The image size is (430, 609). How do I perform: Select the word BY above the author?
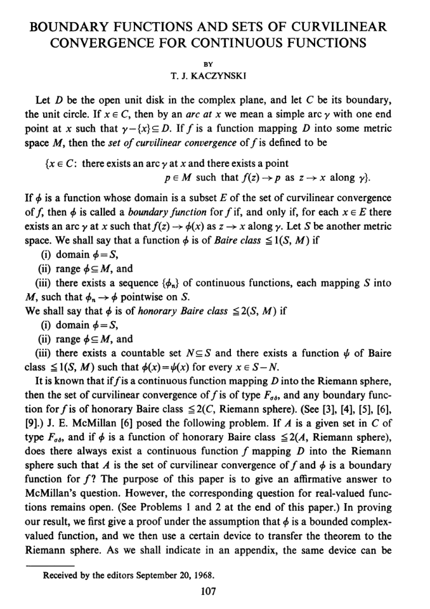215,63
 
